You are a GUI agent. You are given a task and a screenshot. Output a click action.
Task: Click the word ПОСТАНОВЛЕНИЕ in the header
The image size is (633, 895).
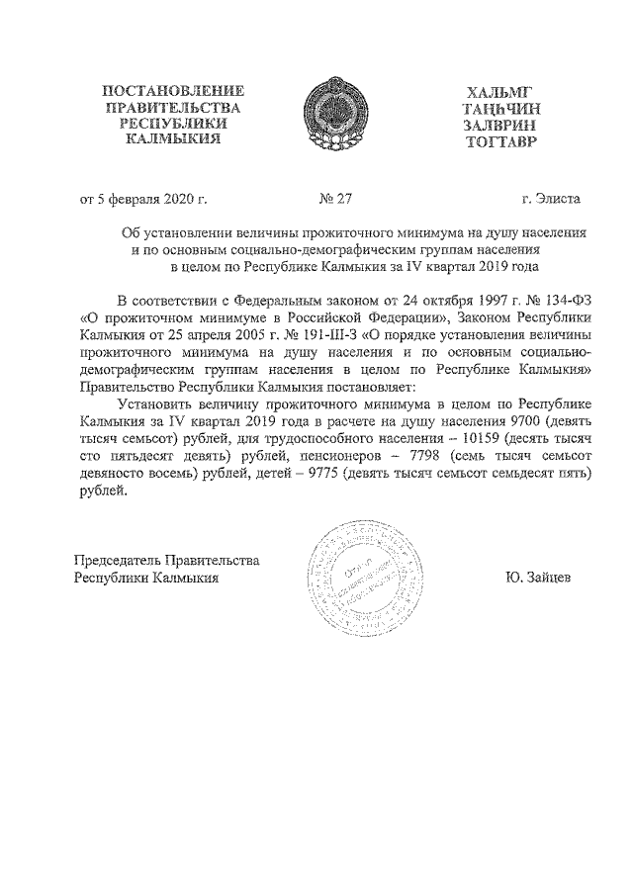tap(173, 92)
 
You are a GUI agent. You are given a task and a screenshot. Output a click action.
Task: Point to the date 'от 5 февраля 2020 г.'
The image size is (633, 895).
tap(143, 198)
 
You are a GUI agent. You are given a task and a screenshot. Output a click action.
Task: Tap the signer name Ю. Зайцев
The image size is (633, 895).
tap(538, 577)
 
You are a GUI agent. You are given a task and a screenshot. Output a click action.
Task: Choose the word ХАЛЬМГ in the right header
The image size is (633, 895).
tap(501, 92)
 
